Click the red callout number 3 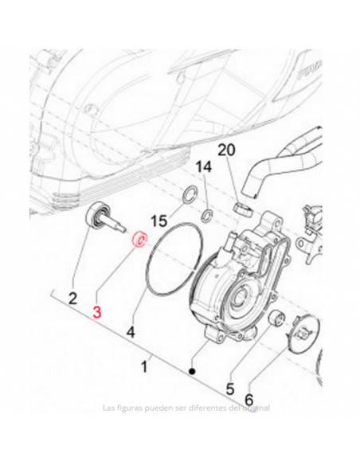point(97,313)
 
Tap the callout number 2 point(72,299)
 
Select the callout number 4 point(131,329)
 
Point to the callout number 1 point(144,367)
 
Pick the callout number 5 point(230,389)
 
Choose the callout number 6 point(248,399)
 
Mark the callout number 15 point(158,221)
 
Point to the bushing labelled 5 point(279,321)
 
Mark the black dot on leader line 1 point(192,371)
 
